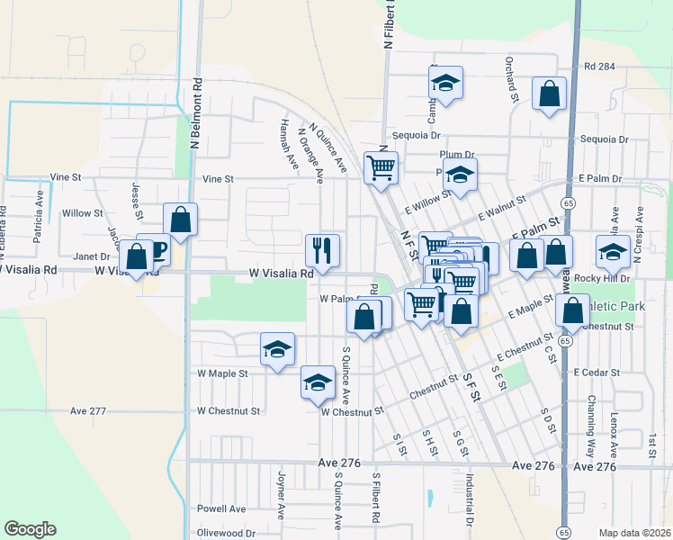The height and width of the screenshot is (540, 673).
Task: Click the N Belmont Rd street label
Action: (x=194, y=112)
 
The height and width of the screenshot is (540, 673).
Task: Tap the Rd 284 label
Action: (x=598, y=67)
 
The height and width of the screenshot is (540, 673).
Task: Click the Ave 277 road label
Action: (x=88, y=411)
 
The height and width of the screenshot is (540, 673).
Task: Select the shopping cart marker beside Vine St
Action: (x=381, y=167)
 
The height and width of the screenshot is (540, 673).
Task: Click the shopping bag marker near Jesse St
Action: (x=180, y=220)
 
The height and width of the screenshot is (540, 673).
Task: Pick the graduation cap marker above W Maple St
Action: (x=278, y=349)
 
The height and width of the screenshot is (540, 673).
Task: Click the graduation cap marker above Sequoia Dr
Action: (x=445, y=84)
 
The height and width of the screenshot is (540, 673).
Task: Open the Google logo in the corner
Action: (x=30, y=529)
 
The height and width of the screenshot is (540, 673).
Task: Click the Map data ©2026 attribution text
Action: (x=634, y=533)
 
